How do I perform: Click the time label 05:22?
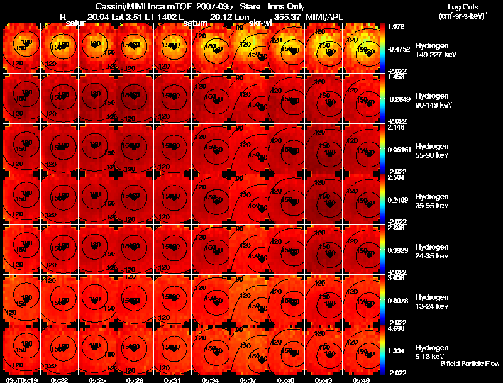point(60,379)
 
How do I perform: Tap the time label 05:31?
point(174,379)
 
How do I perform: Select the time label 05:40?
point(287,379)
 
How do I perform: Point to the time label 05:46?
point(362,379)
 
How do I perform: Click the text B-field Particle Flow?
point(469,364)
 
